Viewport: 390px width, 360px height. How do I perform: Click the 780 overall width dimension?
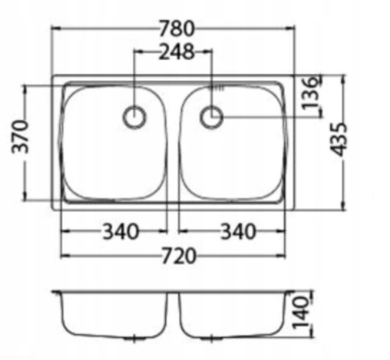pos(176,28)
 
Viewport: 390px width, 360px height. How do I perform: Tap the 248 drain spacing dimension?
pos(176,51)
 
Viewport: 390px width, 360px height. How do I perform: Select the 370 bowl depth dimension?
pos(19,136)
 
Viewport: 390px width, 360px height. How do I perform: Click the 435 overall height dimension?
pos(339,139)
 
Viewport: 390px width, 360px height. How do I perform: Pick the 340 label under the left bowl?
pos(120,231)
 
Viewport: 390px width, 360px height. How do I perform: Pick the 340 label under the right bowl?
pos(238,231)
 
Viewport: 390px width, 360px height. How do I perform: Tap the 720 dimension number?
pos(179,256)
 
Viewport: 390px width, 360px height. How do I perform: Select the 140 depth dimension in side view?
pos(301,313)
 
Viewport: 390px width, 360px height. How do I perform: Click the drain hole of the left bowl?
pos(134,117)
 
